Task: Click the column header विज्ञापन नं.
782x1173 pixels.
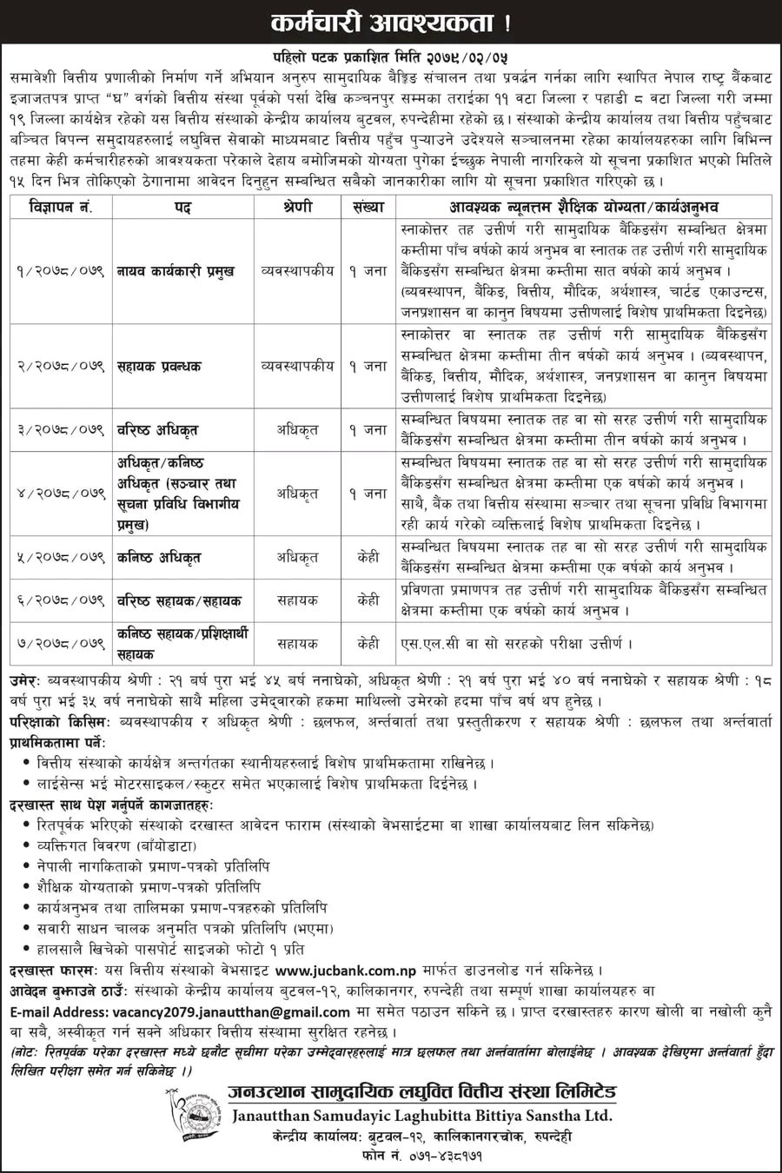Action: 62,208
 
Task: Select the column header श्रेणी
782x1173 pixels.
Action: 297,208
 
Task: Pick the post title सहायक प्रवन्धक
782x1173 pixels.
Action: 160,366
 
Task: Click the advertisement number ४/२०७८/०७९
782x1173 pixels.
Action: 62,493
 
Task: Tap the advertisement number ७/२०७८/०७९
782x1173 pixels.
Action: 62,644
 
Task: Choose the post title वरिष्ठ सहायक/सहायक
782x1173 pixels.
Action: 179,600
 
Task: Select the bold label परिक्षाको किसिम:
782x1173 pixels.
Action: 59,721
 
